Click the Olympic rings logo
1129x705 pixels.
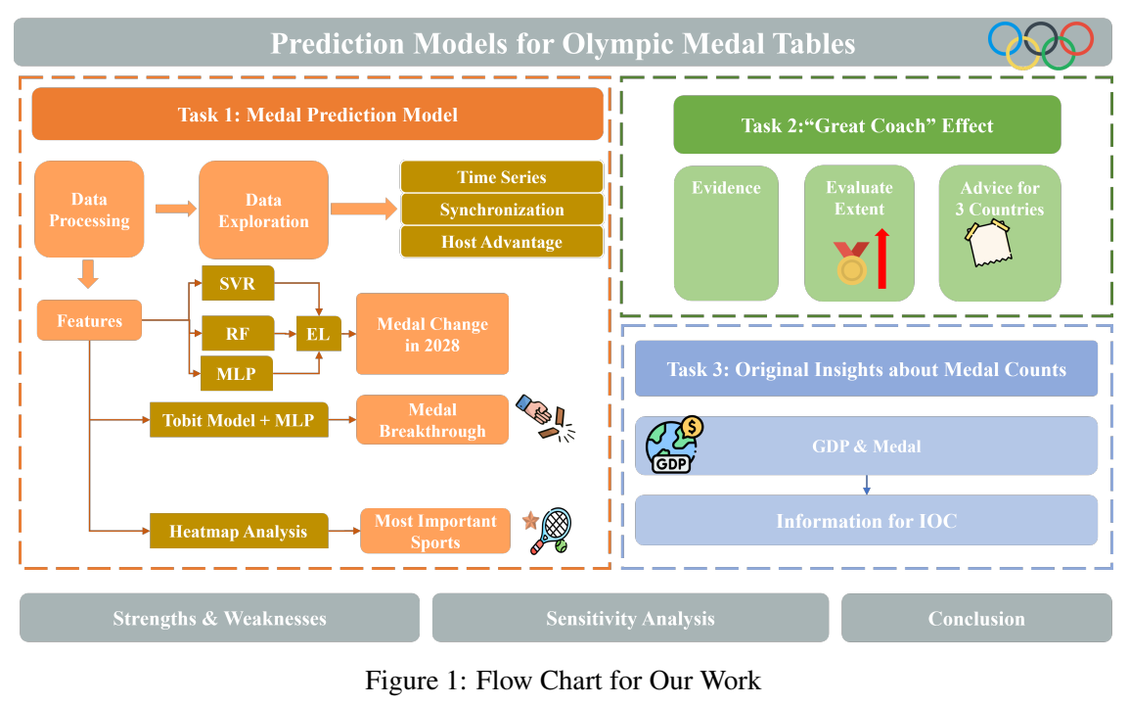(x=1041, y=45)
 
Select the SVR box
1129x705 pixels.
(x=238, y=284)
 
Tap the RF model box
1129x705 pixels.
(x=238, y=333)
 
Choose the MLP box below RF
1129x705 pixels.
(x=238, y=373)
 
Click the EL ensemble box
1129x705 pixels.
(x=318, y=334)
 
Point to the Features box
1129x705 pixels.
(x=89, y=321)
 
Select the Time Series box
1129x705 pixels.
(x=502, y=177)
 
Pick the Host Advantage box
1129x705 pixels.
(x=502, y=242)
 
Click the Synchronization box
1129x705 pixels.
(x=502, y=210)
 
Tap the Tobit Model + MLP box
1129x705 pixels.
(x=239, y=421)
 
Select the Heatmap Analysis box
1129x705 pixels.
(x=238, y=532)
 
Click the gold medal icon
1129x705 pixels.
(x=851, y=264)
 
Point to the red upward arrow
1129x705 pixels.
(x=882, y=258)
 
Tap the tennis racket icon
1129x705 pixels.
(x=554, y=530)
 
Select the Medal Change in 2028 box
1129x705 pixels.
(x=432, y=334)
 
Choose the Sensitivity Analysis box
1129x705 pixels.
(x=630, y=619)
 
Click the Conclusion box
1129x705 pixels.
(x=976, y=619)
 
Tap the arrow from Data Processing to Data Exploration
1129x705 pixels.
(x=176, y=208)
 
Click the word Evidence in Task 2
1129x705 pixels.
(x=726, y=188)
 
